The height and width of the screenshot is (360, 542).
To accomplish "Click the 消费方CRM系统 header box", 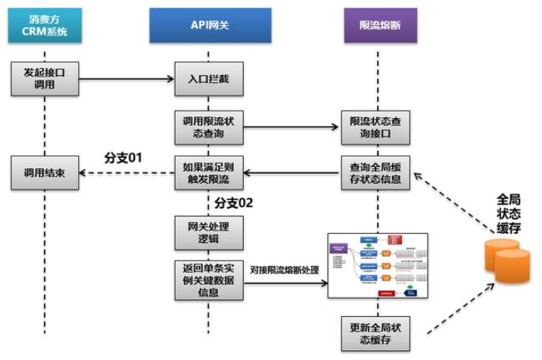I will click(x=45, y=25).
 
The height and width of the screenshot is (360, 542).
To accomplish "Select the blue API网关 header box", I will click(x=210, y=25).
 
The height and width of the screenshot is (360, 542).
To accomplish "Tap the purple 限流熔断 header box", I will click(x=375, y=25).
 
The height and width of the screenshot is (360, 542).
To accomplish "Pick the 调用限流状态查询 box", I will click(x=210, y=126).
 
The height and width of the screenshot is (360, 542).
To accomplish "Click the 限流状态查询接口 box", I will click(x=375, y=126).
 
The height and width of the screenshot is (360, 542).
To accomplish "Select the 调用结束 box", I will click(x=45, y=173).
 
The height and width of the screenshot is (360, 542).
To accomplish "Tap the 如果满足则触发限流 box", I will click(x=210, y=173).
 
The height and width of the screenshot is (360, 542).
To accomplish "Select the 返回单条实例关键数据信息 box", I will click(x=210, y=279).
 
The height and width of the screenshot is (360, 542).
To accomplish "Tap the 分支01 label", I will click(x=123, y=158).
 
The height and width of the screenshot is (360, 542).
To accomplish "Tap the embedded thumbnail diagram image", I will click(x=377, y=267).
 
